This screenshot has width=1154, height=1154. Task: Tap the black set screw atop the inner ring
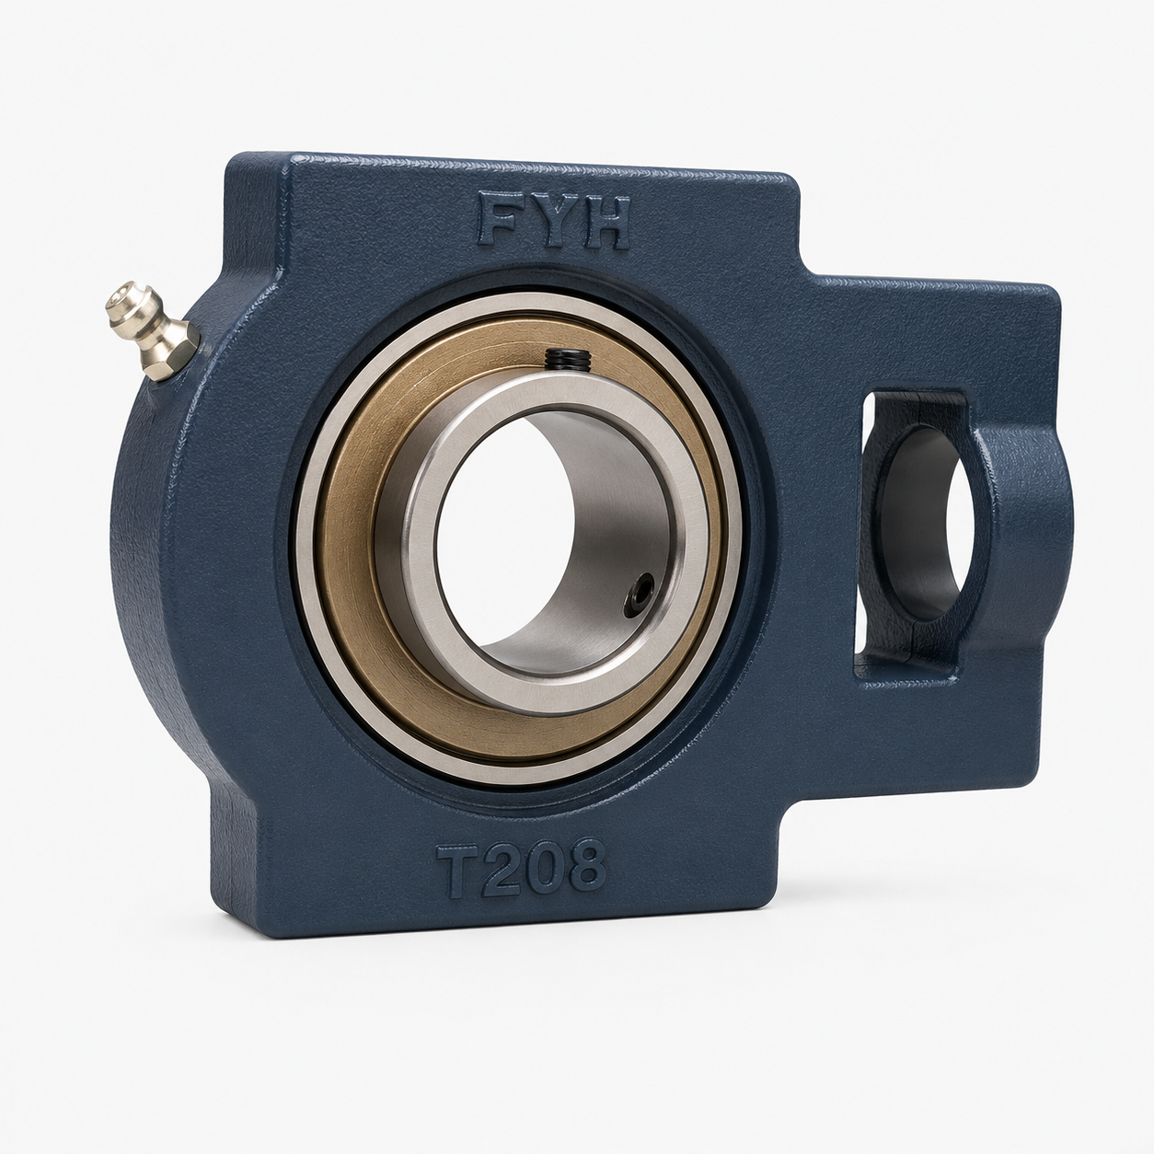569,359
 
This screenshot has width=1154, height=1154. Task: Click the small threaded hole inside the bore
639,594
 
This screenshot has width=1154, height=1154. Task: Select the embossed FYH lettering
553,220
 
